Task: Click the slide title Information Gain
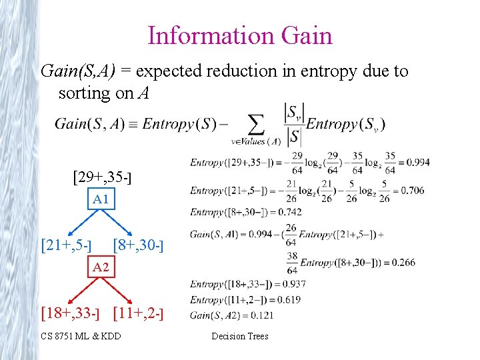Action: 240,35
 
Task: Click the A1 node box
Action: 101,199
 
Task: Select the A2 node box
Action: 101,267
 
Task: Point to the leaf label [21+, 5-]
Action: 67,245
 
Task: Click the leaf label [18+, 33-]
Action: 70,311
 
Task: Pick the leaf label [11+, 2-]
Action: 139,311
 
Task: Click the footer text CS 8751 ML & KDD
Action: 81,336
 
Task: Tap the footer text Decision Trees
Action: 240,336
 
